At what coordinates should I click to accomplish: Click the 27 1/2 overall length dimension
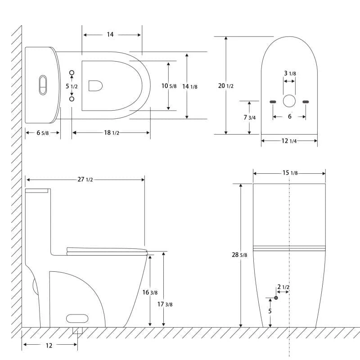(x=85, y=179)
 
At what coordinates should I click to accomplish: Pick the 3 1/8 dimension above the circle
(x=289, y=73)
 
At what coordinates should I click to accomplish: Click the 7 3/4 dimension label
(x=249, y=117)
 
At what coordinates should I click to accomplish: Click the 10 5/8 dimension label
(x=169, y=85)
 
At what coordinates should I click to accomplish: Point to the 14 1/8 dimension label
(x=189, y=86)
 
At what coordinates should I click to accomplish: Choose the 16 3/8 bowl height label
(x=150, y=292)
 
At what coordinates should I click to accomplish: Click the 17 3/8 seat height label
(x=165, y=304)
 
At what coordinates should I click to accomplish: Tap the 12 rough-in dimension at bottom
(x=49, y=345)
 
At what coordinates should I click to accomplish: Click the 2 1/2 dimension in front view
(x=283, y=287)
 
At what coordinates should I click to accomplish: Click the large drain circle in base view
(x=289, y=101)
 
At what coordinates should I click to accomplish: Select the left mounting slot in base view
(x=273, y=102)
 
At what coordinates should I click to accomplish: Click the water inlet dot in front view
(x=276, y=297)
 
